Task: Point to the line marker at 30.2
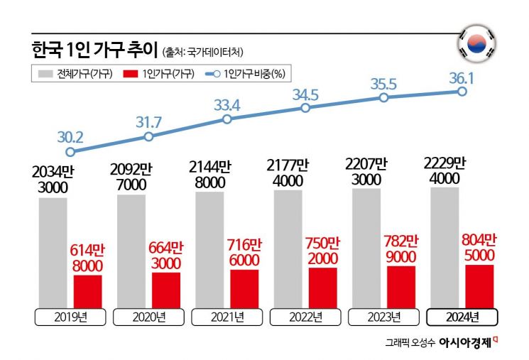coord(70,151)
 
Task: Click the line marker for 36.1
coord(462,92)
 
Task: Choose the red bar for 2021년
coord(244,287)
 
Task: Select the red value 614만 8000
coord(87,258)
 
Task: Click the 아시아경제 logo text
coord(464,342)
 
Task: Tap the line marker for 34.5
coord(305,108)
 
